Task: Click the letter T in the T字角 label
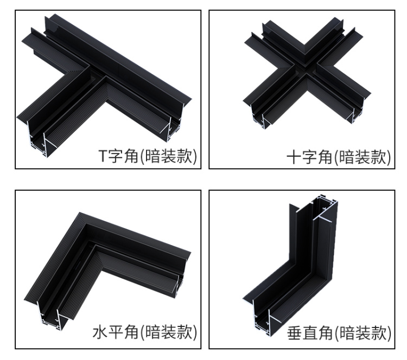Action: pos(103,156)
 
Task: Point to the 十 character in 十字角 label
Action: pos(294,157)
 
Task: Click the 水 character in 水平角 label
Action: pos(100,332)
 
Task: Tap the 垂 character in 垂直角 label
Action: pos(294,333)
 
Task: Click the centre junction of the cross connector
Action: pos(306,69)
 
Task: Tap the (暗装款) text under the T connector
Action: pos(168,156)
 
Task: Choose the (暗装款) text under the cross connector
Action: pos(362,157)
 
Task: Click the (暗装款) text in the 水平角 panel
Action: pos(168,332)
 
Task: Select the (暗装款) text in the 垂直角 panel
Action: pos(363,333)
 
